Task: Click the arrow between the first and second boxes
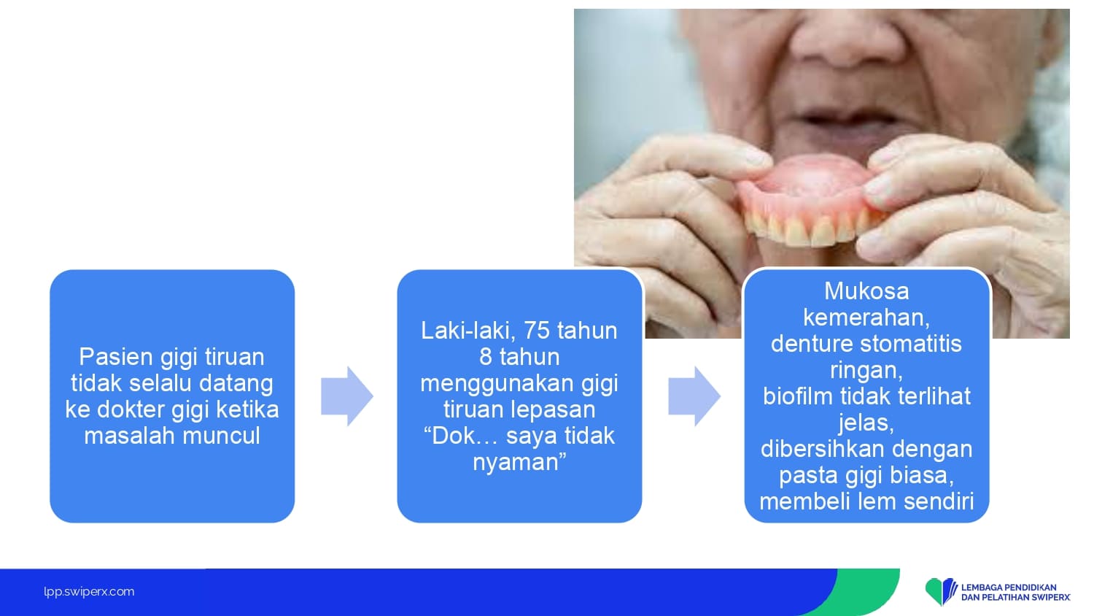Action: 346,396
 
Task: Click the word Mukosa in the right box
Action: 866,291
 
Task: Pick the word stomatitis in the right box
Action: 911,344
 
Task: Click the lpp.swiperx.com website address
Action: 89,592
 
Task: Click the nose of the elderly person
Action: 847,44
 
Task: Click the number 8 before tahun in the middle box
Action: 486,358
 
